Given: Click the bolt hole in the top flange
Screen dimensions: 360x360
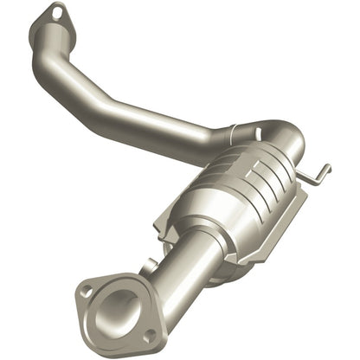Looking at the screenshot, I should (x=57, y=12).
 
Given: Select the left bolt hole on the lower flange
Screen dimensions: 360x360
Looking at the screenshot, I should (x=86, y=291).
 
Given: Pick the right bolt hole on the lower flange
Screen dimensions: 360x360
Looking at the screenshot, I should (x=150, y=334).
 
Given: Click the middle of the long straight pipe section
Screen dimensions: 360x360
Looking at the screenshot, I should (x=147, y=121).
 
